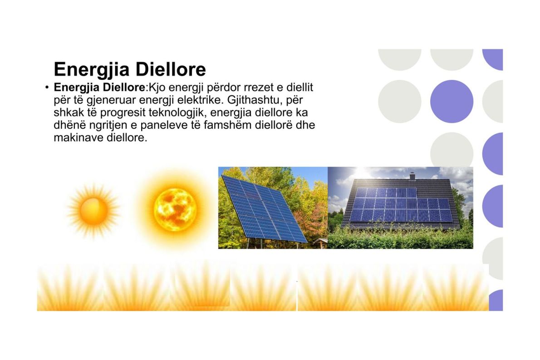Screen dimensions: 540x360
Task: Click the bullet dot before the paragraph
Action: (47, 88)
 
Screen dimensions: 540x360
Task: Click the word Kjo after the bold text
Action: (157, 88)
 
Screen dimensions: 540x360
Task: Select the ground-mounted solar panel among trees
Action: (264, 209)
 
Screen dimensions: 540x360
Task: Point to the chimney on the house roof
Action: (412, 176)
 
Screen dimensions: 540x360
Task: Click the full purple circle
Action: (452, 101)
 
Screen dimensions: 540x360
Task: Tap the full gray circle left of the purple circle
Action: (399, 101)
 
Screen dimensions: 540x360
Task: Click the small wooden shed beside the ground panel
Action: (320, 243)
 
